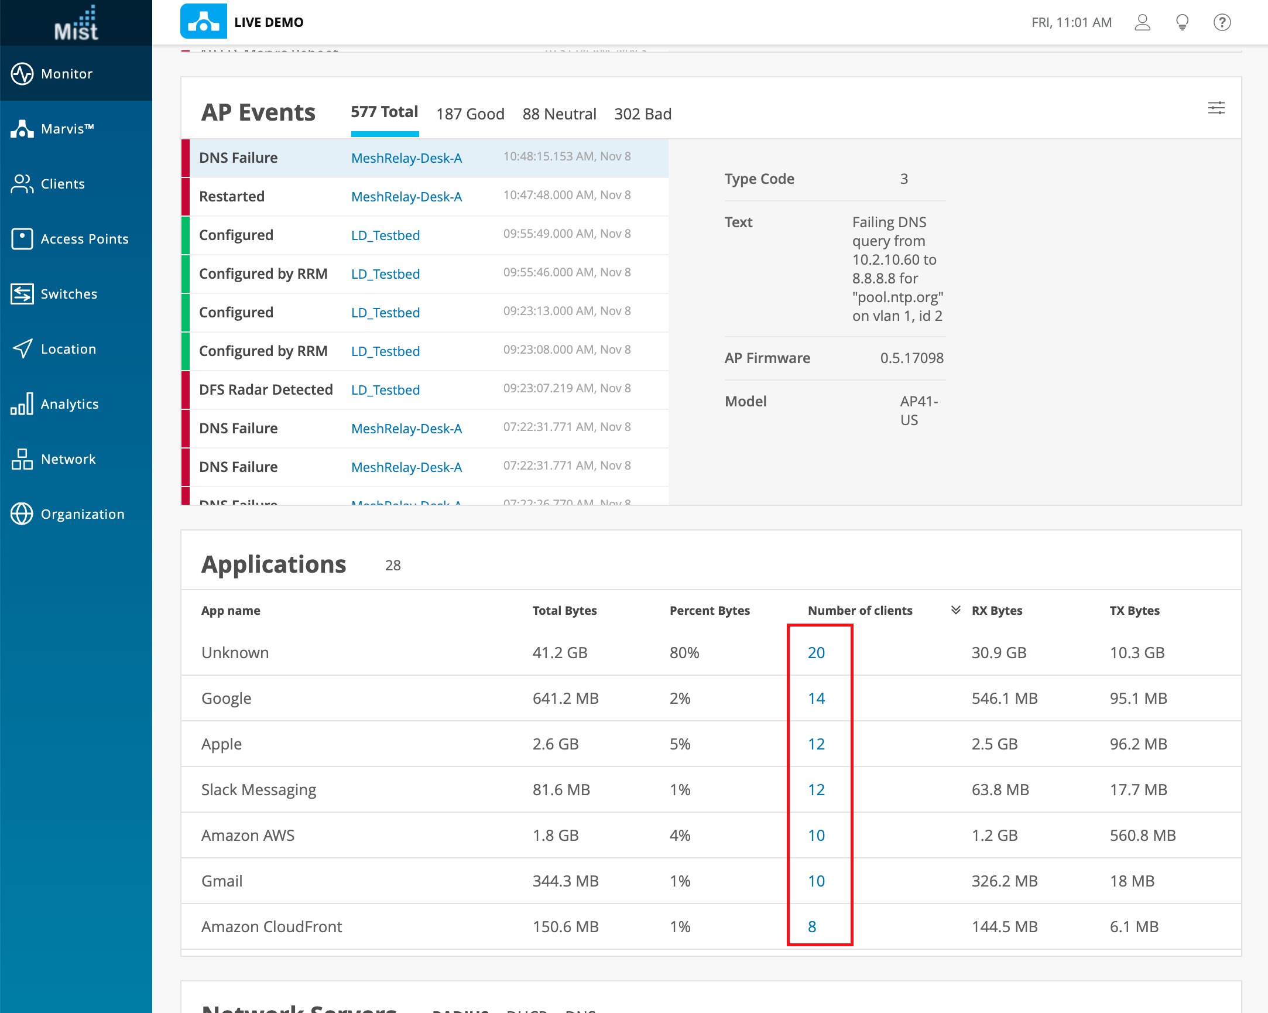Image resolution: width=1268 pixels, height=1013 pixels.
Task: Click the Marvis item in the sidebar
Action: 67,129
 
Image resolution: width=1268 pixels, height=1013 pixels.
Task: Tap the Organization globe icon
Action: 22,514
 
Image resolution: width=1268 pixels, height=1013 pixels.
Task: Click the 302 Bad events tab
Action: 642,114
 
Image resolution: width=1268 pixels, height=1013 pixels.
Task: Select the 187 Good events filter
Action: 470,114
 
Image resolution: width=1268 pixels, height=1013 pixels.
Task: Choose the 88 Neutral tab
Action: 558,114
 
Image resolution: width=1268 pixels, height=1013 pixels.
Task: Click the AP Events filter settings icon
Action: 1216,108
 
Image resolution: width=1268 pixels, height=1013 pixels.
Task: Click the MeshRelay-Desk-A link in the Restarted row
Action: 406,197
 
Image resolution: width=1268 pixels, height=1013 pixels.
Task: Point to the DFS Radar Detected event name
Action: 266,389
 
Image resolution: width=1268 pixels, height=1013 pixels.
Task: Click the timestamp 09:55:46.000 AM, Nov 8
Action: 566,272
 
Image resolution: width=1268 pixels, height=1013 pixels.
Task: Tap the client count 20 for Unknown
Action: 815,652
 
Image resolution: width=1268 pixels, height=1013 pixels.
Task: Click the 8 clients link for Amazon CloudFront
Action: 811,926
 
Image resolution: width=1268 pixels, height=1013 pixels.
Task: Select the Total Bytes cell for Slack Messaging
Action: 560,789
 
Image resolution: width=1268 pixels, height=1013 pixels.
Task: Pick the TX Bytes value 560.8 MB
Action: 1142,836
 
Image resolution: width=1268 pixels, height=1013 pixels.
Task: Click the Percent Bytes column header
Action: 710,611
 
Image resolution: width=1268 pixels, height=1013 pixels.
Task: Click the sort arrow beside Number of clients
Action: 956,610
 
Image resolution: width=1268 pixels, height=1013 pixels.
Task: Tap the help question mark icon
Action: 1222,22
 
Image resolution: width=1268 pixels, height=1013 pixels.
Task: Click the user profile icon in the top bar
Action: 1142,22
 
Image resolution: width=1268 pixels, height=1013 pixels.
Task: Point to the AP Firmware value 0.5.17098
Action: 911,358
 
